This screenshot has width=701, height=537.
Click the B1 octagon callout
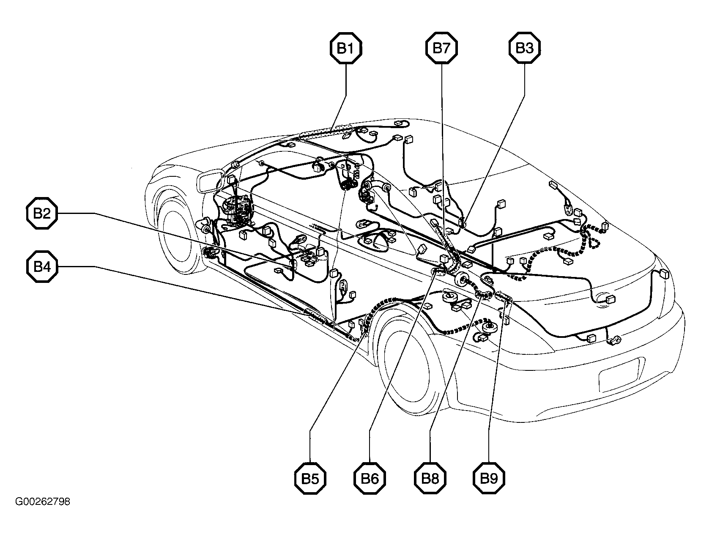(x=346, y=48)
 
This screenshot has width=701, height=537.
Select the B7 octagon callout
(x=441, y=48)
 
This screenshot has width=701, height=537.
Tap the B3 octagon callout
(x=525, y=48)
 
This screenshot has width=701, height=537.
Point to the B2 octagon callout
(x=42, y=213)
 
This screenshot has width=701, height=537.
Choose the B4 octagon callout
(x=42, y=267)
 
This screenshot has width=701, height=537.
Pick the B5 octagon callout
(x=310, y=478)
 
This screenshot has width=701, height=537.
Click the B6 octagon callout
(x=370, y=478)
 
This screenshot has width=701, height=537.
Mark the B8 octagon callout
(x=430, y=478)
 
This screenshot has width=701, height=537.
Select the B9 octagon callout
(x=489, y=478)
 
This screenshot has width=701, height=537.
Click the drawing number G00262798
(x=43, y=502)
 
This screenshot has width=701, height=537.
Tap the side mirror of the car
(x=211, y=183)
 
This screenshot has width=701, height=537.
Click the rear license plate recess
(x=619, y=375)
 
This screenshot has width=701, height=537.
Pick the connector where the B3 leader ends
(x=462, y=222)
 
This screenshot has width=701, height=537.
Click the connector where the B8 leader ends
(x=483, y=294)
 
